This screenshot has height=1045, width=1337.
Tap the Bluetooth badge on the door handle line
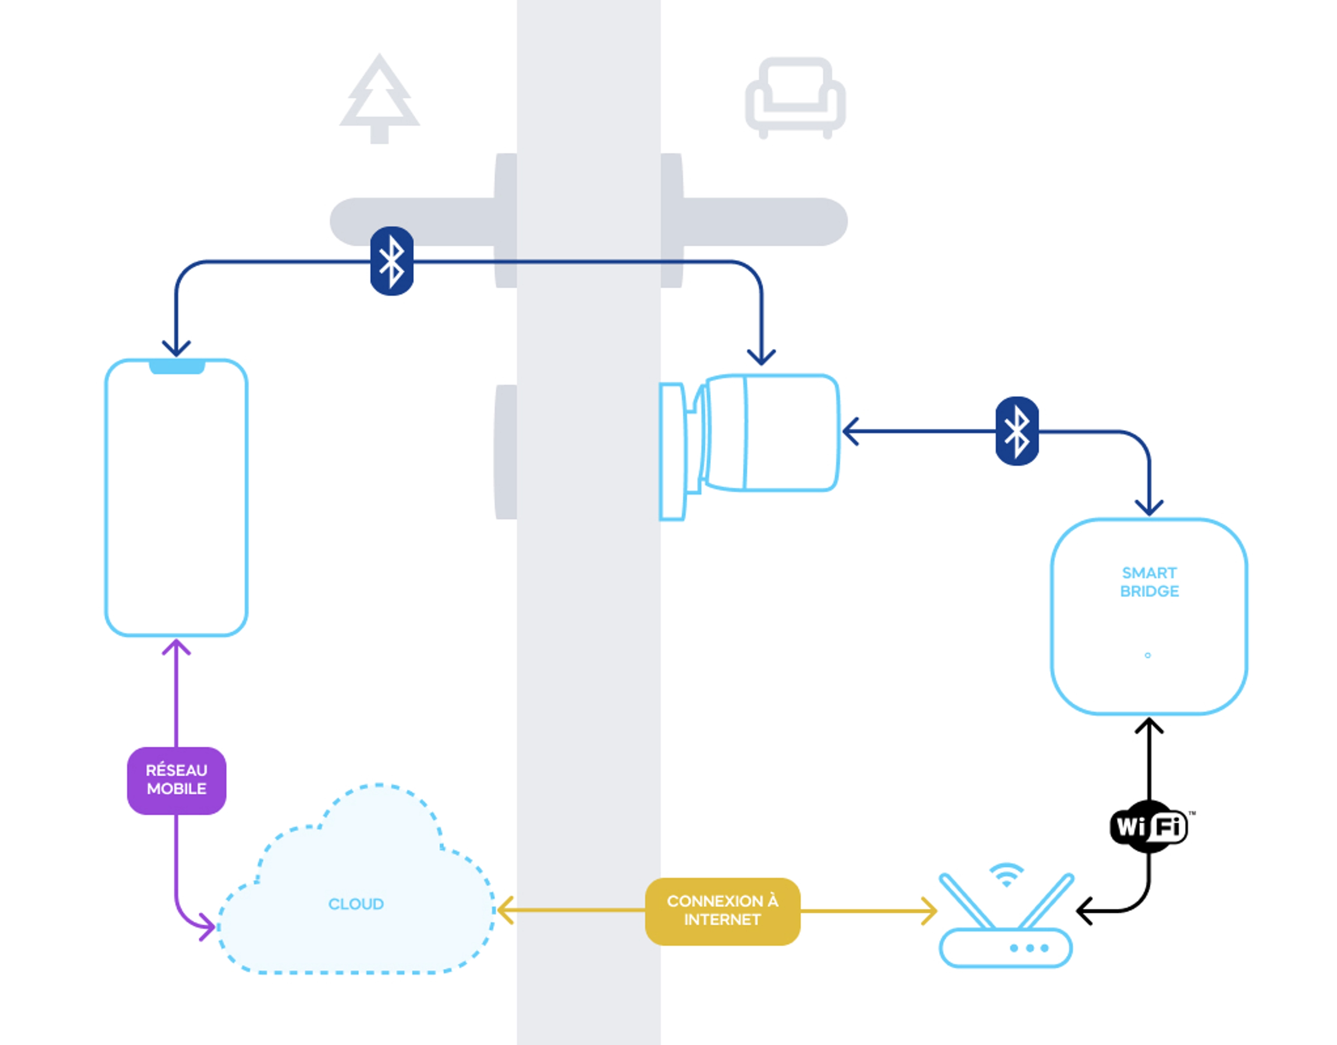pyautogui.click(x=392, y=261)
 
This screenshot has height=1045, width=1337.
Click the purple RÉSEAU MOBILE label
pyautogui.click(x=176, y=780)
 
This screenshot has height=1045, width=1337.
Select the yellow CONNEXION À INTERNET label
pyautogui.click(x=722, y=911)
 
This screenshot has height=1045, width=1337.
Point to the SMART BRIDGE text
pyautogui.click(x=1149, y=582)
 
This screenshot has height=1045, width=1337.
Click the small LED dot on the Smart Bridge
pyautogui.click(x=1147, y=655)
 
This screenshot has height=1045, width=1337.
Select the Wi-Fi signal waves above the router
pyautogui.click(x=1006, y=874)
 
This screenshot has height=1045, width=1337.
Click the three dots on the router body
pyautogui.click(x=1029, y=948)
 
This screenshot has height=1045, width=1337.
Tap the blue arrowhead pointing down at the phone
pyautogui.click(x=176, y=349)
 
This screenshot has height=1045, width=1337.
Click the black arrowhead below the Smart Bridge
pyautogui.click(x=1149, y=727)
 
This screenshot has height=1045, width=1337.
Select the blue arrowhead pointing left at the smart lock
pyautogui.click(x=850, y=432)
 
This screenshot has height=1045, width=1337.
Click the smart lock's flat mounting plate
pyautogui.click(x=672, y=452)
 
